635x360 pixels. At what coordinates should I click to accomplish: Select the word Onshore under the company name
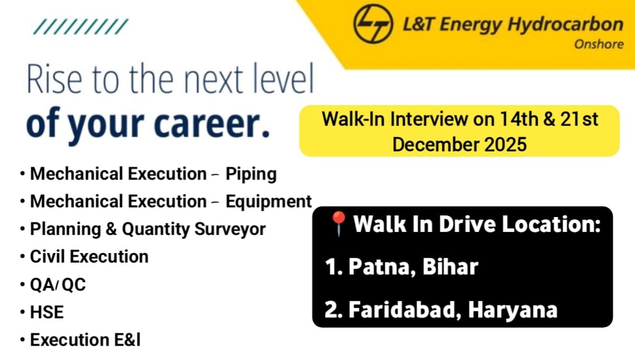[x=598, y=44]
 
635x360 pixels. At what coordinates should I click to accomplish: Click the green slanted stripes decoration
[x=80, y=26]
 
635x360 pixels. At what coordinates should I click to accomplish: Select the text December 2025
[x=459, y=144]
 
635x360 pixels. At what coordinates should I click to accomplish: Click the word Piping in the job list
[x=251, y=174]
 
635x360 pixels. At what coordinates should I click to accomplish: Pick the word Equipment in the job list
[x=268, y=202]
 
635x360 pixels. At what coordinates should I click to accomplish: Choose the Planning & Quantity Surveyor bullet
[x=148, y=229]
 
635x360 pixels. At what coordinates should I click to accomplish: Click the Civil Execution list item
[x=89, y=257]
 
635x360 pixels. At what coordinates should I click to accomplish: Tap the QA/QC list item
[x=58, y=285]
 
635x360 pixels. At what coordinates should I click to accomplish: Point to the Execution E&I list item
[x=85, y=340]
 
